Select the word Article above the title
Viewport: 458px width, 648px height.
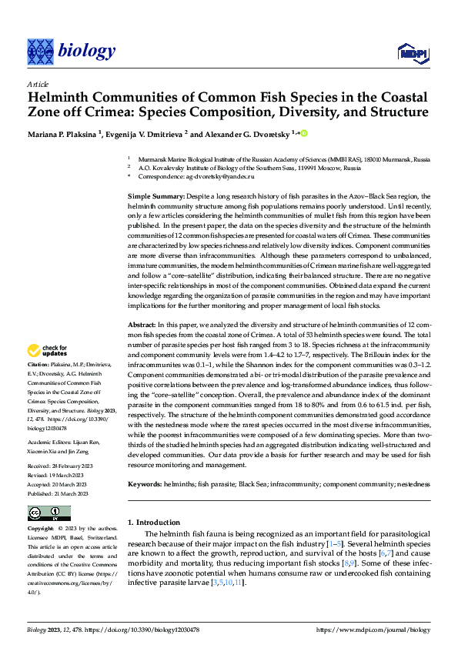(x=38, y=84)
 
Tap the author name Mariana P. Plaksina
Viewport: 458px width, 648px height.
(x=64, y=135)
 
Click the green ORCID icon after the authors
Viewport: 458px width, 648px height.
(x=303, y=134)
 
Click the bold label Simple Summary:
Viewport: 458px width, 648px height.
(x=155, y=198)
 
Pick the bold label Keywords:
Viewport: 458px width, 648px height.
(x=145, y=485)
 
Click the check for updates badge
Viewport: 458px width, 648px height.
(x=48, y=351)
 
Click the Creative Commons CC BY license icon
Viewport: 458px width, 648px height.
(x=48, y=514)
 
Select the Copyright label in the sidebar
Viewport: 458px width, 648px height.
(x=41, y=529)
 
